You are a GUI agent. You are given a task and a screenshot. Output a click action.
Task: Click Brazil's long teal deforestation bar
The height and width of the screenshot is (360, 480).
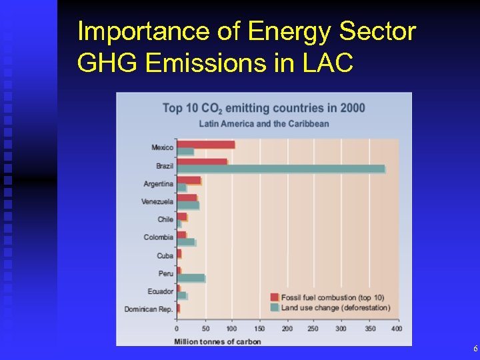tap(280, 169)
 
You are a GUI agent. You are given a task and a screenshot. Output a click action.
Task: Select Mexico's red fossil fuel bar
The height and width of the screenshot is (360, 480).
tap(205, 145)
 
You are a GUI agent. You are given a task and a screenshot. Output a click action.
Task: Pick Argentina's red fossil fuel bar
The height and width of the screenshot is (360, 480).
tap(189, 180)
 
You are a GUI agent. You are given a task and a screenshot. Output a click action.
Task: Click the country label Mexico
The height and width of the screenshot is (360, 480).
tap(162, 147)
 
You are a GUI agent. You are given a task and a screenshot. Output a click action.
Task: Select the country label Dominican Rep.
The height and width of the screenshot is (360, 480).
tap(149, 309)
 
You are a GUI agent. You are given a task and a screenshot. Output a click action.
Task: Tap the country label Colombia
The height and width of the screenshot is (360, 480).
tap(159, 237)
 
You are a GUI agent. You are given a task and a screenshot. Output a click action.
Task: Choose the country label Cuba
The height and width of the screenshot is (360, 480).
tap(165, 255)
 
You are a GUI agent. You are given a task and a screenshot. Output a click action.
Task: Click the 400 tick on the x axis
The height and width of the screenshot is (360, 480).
tap(396, 329)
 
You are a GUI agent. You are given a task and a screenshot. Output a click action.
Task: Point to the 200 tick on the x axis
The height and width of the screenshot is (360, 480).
tap(287, 329)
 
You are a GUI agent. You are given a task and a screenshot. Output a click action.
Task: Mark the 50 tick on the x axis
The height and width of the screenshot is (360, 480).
tap(205, 329)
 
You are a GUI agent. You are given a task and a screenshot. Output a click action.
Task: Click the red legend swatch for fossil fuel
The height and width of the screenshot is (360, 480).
tap(274, 297)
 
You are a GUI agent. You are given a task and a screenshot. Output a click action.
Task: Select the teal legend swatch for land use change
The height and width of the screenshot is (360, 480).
tap(274, 307)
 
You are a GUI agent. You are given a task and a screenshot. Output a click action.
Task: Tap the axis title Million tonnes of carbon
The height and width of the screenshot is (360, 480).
tap(217, 341)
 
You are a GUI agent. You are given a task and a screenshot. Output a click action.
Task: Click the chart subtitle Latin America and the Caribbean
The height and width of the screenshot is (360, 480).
tap(264, 123)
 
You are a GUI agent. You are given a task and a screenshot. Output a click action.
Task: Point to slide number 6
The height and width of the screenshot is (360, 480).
tap(475, 349)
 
